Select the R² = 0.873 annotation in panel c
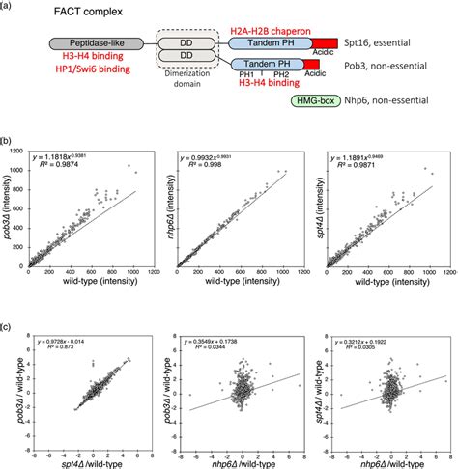[x=55, y=333]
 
